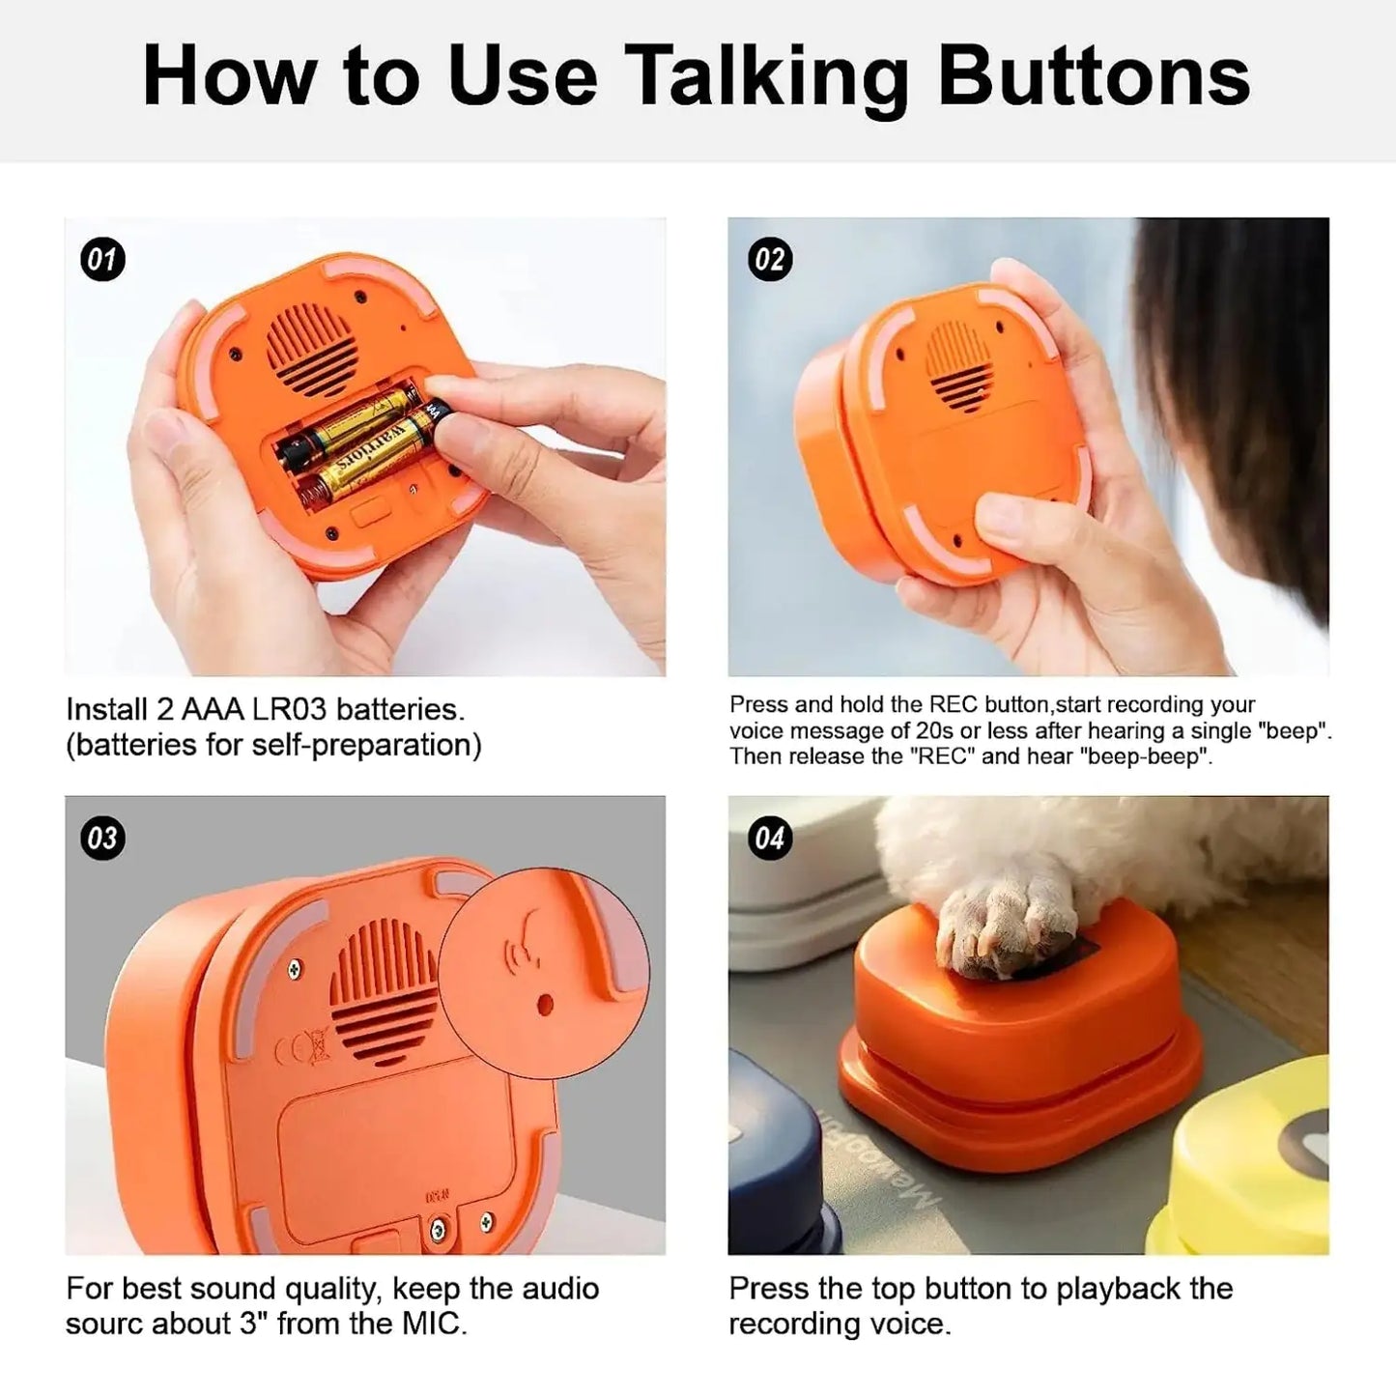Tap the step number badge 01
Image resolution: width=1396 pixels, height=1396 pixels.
102,259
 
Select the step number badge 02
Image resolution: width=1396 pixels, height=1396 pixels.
770,259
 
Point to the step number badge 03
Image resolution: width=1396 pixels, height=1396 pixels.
102,838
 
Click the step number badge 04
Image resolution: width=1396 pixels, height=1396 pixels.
770,838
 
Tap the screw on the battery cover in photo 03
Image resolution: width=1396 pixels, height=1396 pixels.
439,1229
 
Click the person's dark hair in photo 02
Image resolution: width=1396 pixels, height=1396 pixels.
1246,386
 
